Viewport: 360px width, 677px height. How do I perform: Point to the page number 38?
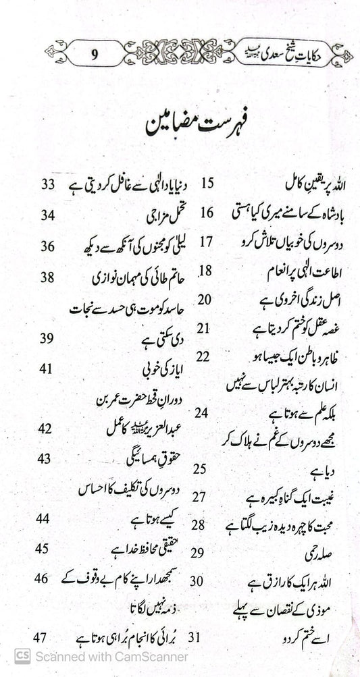coord(47,276)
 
